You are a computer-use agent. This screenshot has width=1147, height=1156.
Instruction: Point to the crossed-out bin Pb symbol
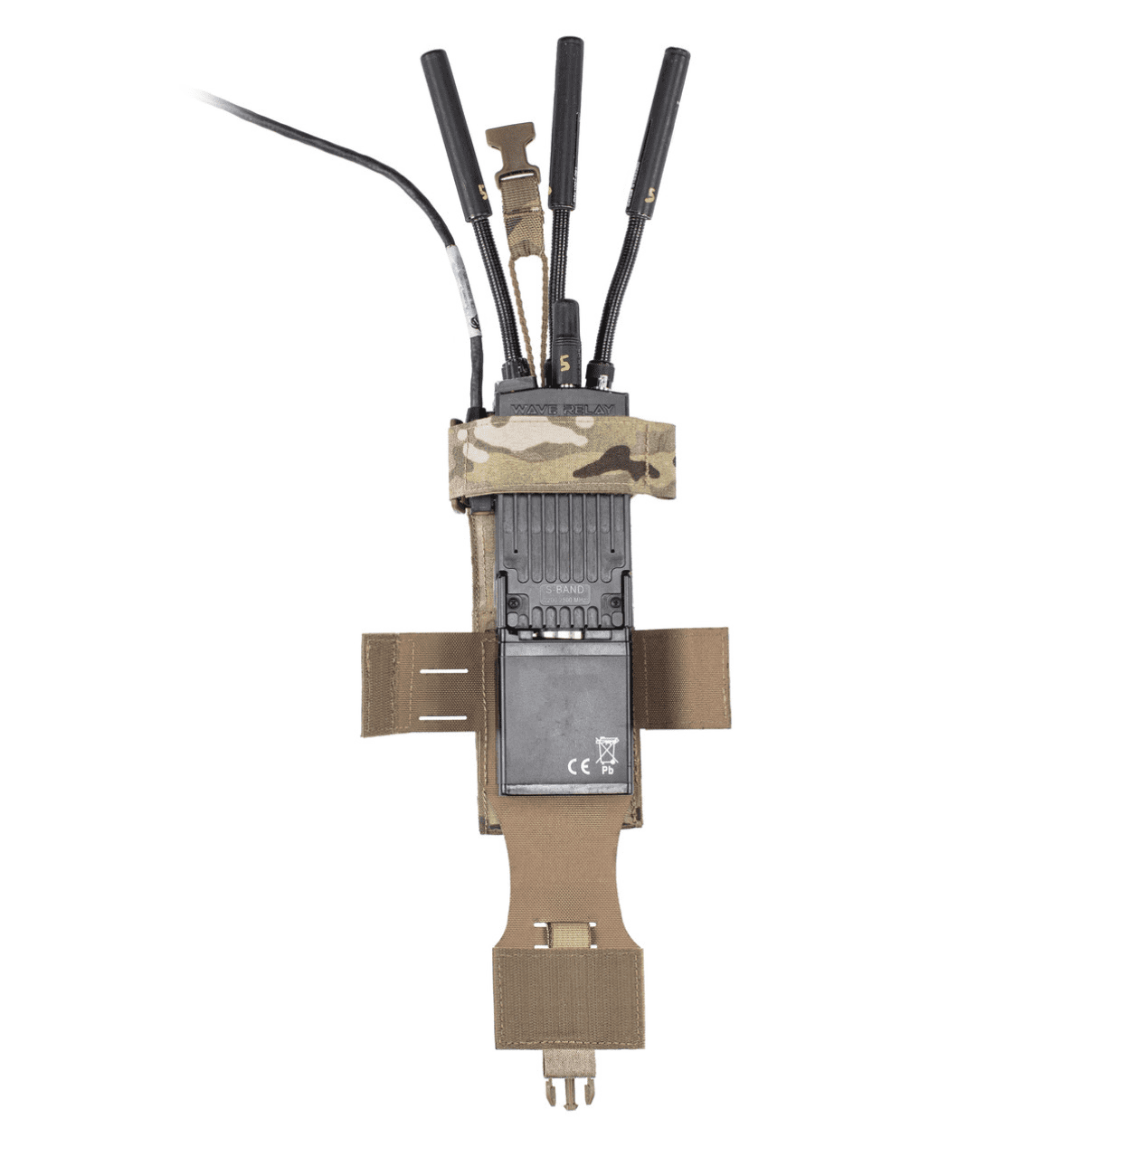point(607,756)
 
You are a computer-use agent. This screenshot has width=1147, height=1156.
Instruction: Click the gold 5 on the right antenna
point(653,191)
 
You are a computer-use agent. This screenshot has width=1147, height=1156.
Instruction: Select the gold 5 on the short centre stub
point(564,365)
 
